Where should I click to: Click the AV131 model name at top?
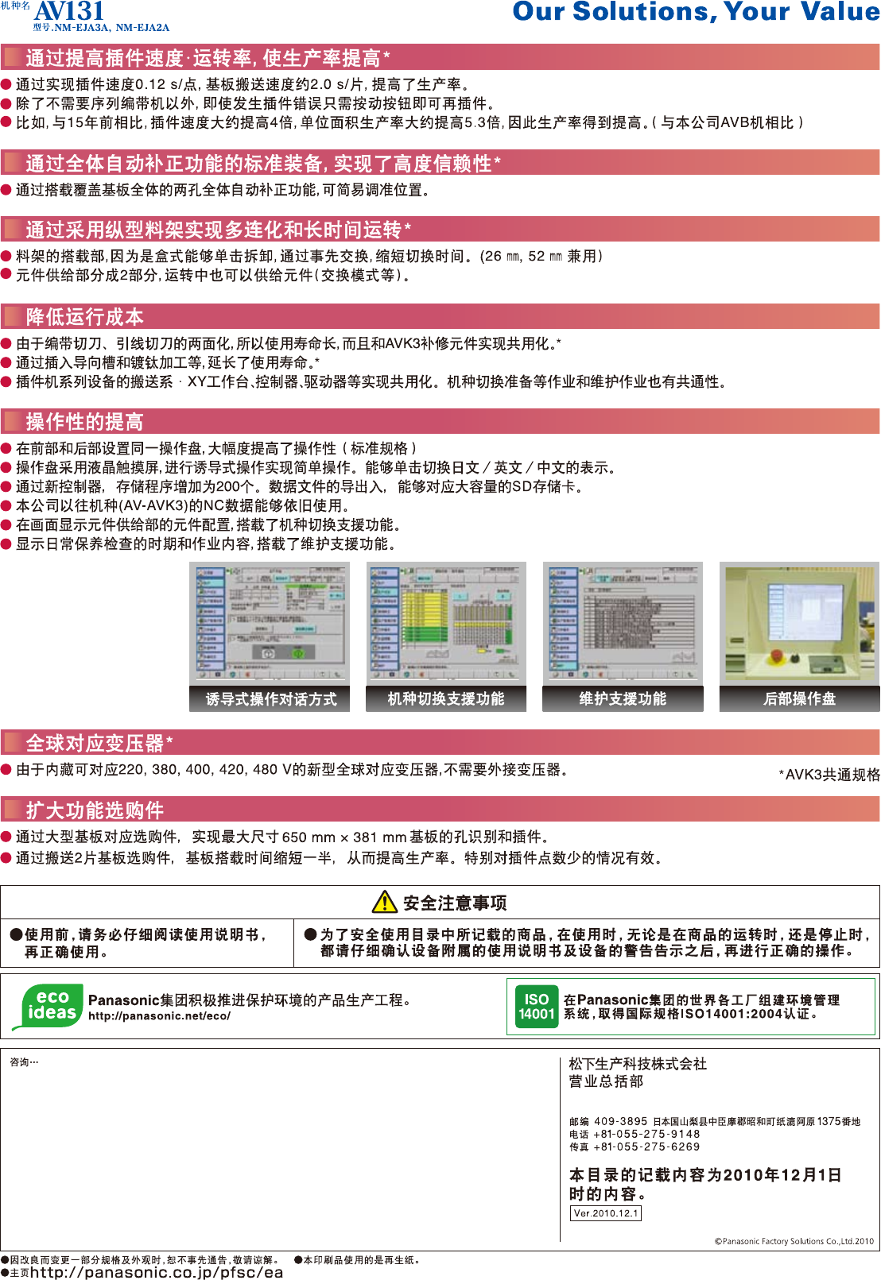(69, 11)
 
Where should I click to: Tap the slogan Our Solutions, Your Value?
(696, 12)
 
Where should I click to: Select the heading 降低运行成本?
(84, 317)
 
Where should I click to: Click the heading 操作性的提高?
(84, 422)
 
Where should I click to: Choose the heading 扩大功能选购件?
(95, 810)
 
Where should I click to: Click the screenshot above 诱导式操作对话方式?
(270, 622)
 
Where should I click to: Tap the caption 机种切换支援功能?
(446, 699)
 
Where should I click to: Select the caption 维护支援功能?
(623, 699)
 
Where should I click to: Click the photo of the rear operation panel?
(799, 622)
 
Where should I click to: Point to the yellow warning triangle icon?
(385, 902)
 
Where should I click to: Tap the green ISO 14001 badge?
(537, 1007)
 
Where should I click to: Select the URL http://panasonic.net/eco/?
(160, 1016)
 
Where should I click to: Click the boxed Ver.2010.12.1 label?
(606, 1213)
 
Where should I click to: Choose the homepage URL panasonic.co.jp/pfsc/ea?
(157, 1272)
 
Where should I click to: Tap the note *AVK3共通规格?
(829, 775)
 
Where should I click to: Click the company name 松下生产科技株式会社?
(638, 1064)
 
